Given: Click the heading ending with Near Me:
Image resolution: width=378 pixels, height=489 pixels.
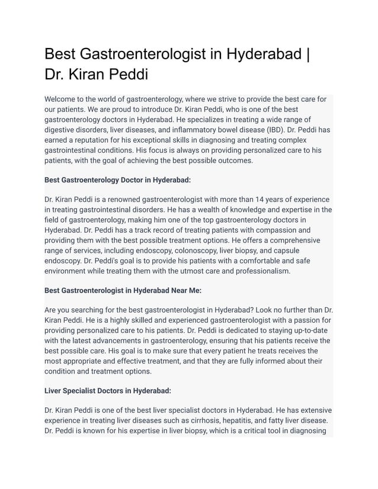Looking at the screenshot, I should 123,290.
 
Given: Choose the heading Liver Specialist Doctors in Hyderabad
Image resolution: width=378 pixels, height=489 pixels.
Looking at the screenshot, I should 108,391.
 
